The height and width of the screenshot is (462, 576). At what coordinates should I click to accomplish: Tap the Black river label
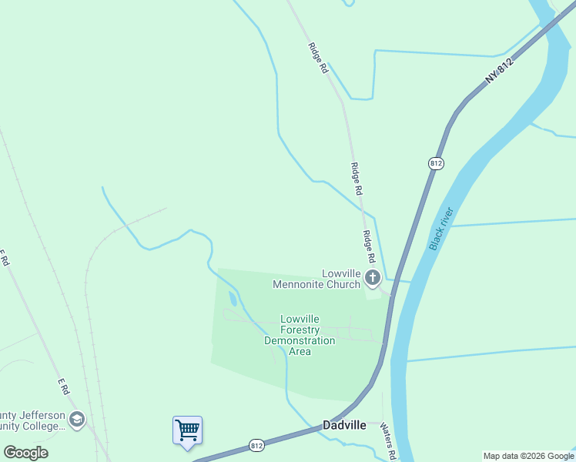442,229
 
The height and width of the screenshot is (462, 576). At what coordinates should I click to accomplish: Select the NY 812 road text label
499,72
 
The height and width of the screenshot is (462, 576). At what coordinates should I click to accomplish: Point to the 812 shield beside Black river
436,163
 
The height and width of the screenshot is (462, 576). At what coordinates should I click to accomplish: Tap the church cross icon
373,277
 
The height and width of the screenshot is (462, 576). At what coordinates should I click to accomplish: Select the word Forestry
300,330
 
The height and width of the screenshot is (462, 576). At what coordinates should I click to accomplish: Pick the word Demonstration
300,340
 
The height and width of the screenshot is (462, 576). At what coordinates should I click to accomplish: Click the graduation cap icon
76,420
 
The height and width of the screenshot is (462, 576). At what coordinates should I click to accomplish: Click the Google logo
25,453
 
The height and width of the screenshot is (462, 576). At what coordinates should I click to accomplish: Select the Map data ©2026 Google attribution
529,456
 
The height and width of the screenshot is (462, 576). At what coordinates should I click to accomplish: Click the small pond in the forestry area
233,299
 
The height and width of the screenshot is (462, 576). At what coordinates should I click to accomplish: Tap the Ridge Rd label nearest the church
369,248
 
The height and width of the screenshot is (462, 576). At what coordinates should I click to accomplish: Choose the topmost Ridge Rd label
318,57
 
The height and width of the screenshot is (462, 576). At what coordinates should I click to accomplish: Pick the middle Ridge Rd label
356,178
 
